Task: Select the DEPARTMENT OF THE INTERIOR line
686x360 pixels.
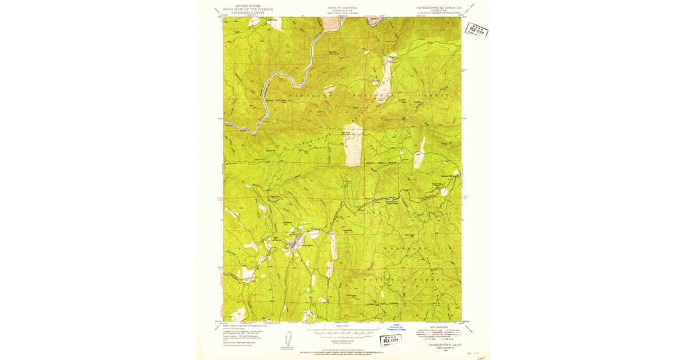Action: [248, 9]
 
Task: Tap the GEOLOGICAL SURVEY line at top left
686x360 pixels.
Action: [248, 13]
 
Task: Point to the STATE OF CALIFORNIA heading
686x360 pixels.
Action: [342, 7]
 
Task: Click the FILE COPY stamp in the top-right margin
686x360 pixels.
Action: [476, 29]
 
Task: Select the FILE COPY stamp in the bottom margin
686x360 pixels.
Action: [385, 339]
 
